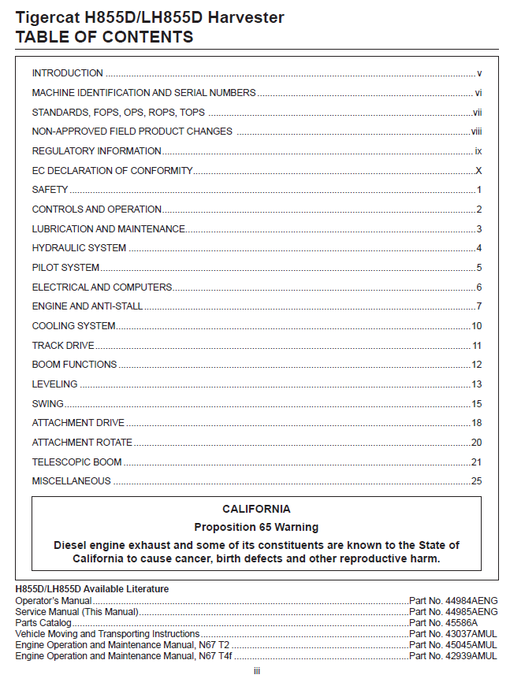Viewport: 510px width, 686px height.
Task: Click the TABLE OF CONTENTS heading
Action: (x=104, y=37)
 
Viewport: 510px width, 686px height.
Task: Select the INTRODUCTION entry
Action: (x=67, y=73)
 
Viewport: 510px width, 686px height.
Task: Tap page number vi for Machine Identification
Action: (x=478, y=93)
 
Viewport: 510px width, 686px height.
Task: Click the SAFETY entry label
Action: (x=50, y=190)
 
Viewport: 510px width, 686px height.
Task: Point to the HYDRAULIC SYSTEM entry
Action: (x=79, y=248)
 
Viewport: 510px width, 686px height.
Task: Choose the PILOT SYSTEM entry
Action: (x=65, y=268)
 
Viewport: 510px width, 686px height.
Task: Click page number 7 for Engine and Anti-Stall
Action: (x=478, y=306)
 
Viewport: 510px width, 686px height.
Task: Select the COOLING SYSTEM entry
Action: (x=73, y=326)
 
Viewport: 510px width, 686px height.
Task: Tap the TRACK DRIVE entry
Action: (x=62, y=346)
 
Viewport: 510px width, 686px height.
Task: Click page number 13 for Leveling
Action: (x=476, y=384)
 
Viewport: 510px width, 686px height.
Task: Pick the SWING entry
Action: (x=47, y=404)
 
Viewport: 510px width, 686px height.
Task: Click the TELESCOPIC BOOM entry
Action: (x=76, y=462)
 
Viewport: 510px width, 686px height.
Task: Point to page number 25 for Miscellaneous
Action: (x=476, y=481)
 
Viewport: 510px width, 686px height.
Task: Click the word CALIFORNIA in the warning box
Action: (x=256, y=510)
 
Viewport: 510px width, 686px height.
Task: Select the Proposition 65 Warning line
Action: (x=256, y=527)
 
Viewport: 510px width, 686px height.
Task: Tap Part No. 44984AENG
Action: (x=453, y=601)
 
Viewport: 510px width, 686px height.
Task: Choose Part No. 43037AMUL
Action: (x=453, y=634)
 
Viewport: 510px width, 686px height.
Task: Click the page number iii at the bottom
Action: (x=256, y=671)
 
